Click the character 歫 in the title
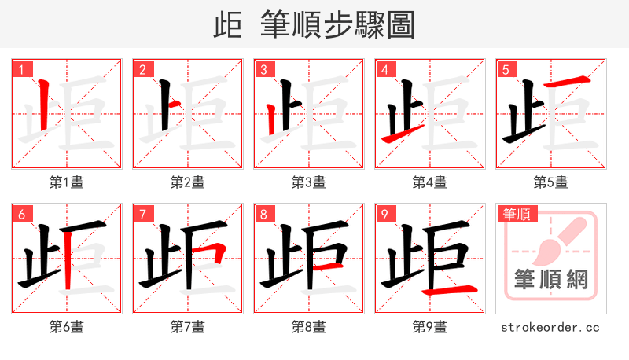pos(228,25)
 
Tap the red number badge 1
pos(20,69)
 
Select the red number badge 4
pos(384,69)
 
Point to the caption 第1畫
pos(67,182)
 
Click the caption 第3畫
pos(309,182)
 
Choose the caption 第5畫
pos(551,182)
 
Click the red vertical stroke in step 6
pos(70,259)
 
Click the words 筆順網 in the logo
pos(551,279)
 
